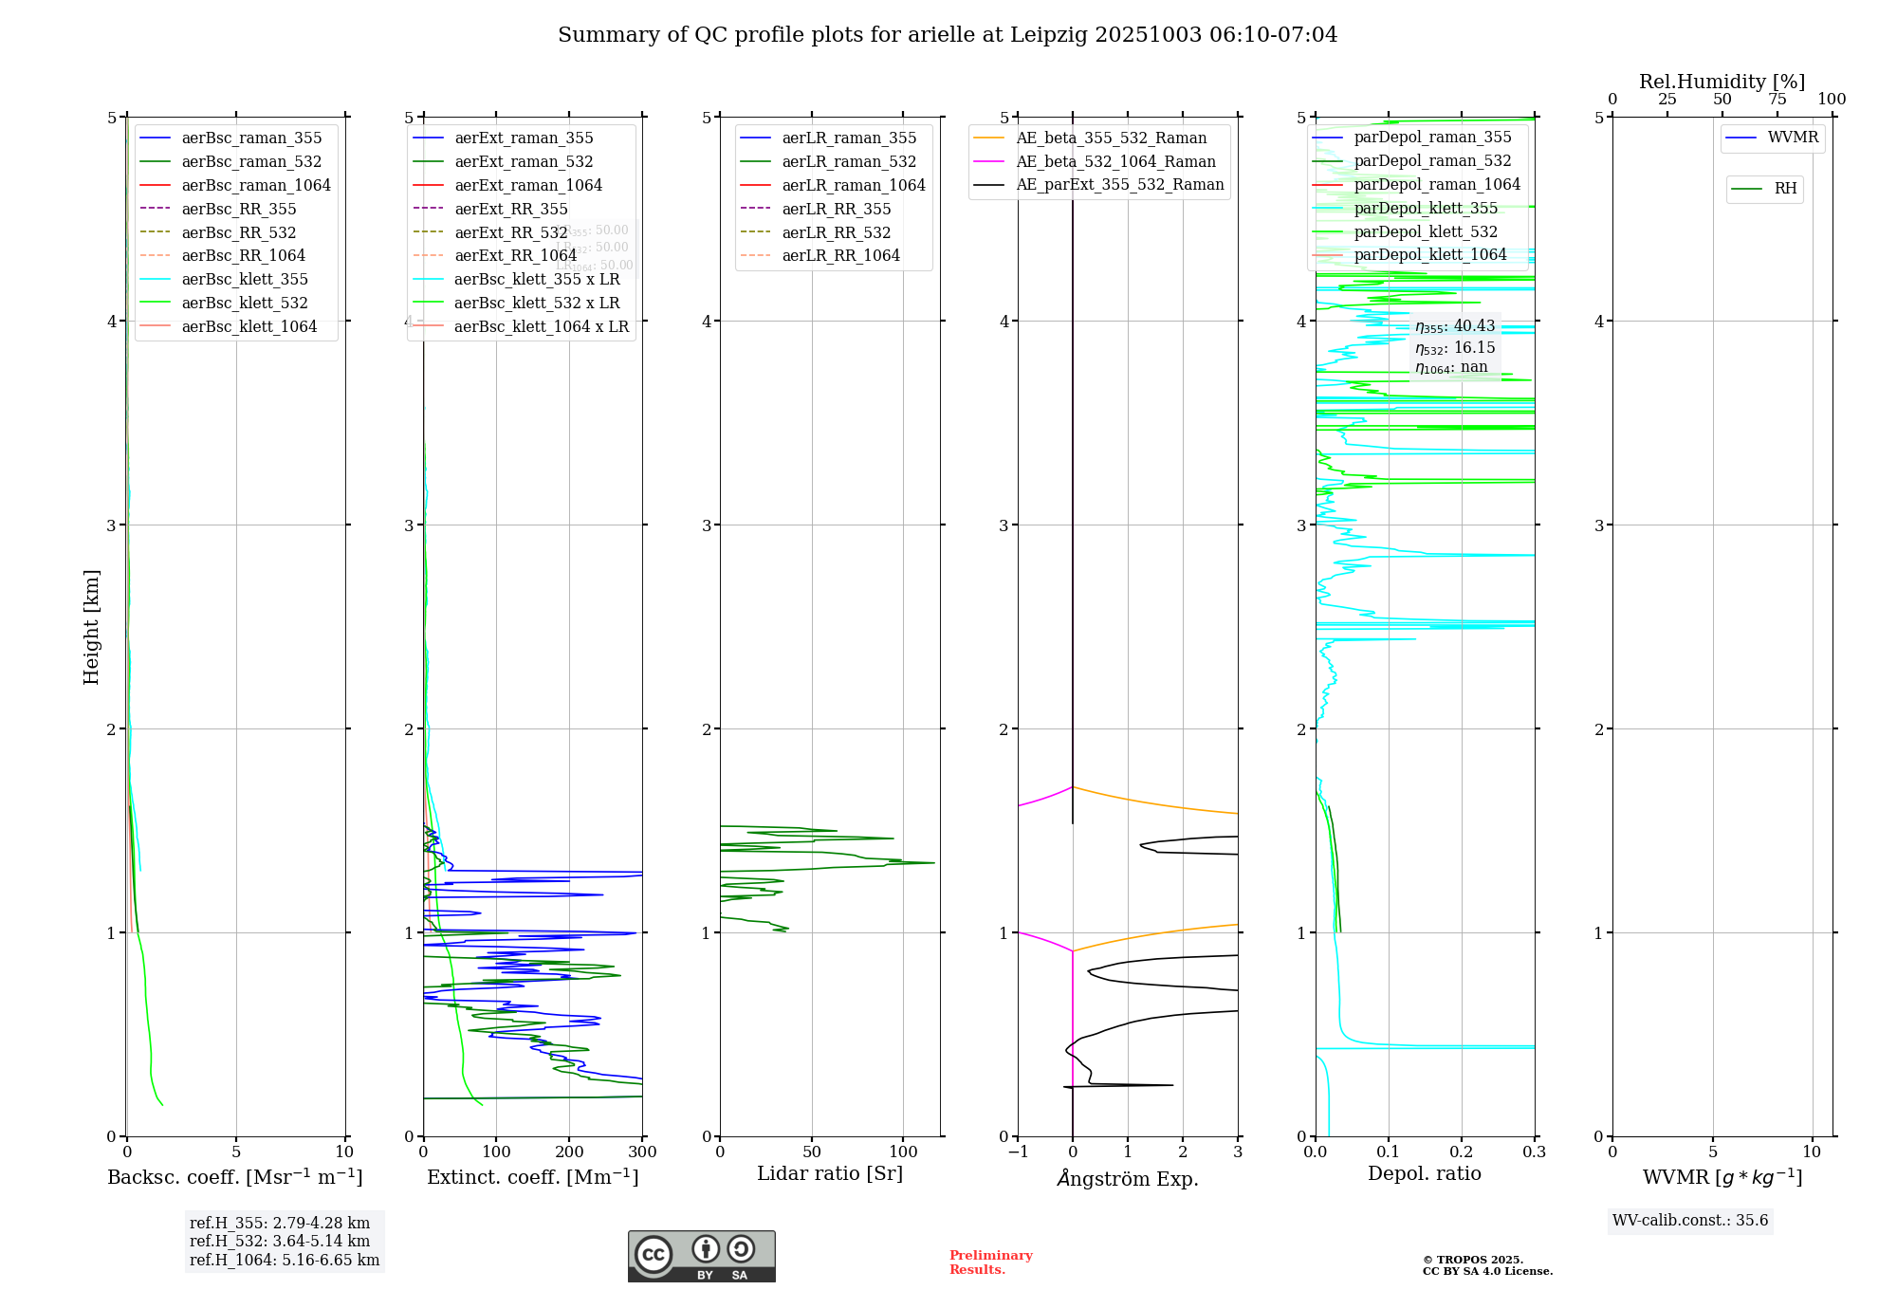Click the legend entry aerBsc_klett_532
[x=244, y=304]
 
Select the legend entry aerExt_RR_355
[x=510, y=209]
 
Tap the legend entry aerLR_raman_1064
[x=853, y=185]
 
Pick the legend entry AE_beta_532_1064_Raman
[x=1115, y=161]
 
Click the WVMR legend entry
[x=1793, y=138]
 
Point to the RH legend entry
[x=1785, y=189]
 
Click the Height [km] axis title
[x=91, y=627]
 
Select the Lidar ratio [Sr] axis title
[x=830, y=1173]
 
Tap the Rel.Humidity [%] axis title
[x=1722, y=82]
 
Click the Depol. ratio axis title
[x=1424, y=1173]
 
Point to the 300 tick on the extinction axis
[x=642, y=1152]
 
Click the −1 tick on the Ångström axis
[x=1018, y=1152]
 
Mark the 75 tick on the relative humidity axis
[x=1777, y=100]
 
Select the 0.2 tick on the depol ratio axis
[x=1462, y=1152]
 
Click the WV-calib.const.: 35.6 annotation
[x=1690, y=1221]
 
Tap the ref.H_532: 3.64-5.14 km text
[x=280, y=1242]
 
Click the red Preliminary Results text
[x=990, y=1262]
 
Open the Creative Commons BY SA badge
[x=701, y=1256]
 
